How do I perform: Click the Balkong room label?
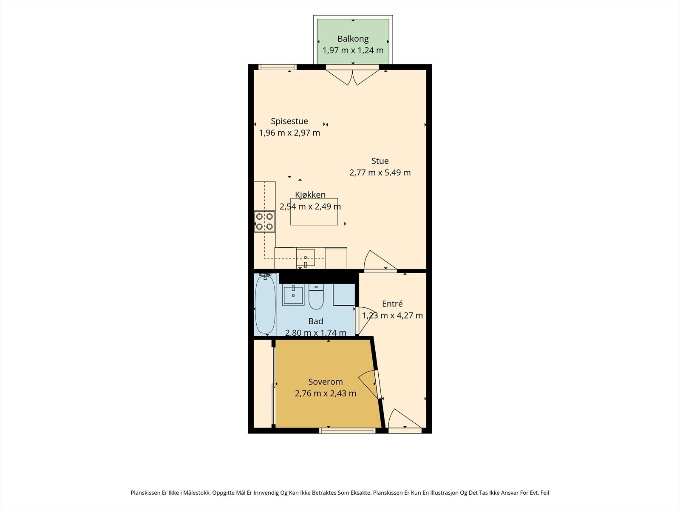pos(353,39)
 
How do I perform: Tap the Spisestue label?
pos(289,122)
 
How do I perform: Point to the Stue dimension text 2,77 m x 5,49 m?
pos(380,173)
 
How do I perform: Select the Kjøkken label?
pos(310,195)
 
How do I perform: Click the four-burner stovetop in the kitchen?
pos(265,221)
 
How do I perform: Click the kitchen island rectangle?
pos(314,212)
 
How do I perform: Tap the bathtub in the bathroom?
pos(265,304)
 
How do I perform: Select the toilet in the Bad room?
pos(316,297)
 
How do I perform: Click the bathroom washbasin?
pos(293,295)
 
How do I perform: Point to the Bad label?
pos(316,321)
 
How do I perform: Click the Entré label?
pos(392,304)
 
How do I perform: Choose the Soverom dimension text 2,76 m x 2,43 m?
pos(325,394)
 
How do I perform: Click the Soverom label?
pos(325,382)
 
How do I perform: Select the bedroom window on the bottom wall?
pos(347,431)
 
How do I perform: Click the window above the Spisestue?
pos(277,67)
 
